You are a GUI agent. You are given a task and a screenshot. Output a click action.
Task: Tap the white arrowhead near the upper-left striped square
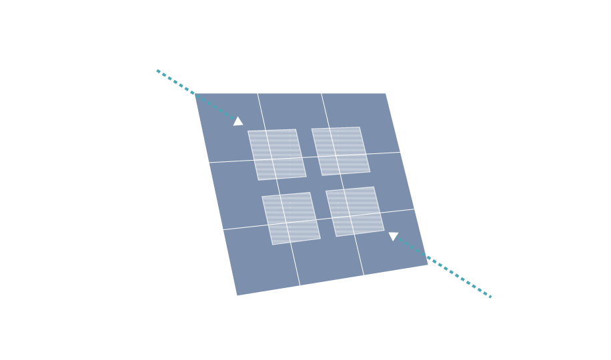[238, 121]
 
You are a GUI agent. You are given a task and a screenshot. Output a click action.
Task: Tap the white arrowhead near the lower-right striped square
[393, 235]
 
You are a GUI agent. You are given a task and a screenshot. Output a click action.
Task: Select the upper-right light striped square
[340, 150]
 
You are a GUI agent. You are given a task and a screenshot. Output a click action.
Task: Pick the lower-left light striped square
[290, 218]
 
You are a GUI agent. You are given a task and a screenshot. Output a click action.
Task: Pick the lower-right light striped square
[354, 211]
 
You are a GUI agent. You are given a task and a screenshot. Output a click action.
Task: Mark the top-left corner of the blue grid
[194, 93]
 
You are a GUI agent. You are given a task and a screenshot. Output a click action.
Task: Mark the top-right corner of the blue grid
[386, 93]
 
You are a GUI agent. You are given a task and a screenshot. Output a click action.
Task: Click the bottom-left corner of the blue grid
[237, 295]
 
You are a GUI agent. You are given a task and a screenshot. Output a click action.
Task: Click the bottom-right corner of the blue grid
[428, 265]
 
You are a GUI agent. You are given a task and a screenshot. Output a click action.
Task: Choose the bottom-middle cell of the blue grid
[328, 264]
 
